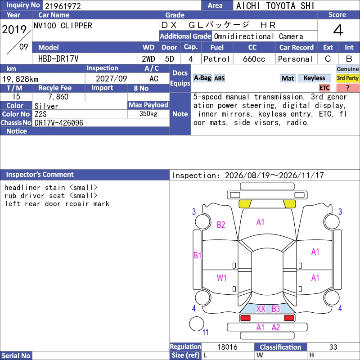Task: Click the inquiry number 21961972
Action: pos(63,6)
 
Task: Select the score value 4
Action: pos(338,30)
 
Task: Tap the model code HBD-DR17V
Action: pos(58,59)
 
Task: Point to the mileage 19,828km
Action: pos(20,79)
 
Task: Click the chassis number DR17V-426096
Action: pos(59,123)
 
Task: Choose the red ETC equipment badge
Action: pos(324,88)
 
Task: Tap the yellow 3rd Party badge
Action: pos(347,78)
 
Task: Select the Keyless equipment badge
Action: pos(314,78)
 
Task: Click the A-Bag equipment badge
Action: pos(202,78)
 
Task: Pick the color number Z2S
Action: pos(40,114)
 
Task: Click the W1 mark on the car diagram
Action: pos(221,278)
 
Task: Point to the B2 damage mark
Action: pos(221,225)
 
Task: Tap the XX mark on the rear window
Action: pos(261,309)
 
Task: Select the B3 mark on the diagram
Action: pos(276,309)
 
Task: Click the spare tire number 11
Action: pos(205,332)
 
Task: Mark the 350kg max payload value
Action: pos(148,113)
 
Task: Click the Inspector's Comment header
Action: pos(40,175)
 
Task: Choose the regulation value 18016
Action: pos(227,347)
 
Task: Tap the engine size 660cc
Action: pos(254,59)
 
